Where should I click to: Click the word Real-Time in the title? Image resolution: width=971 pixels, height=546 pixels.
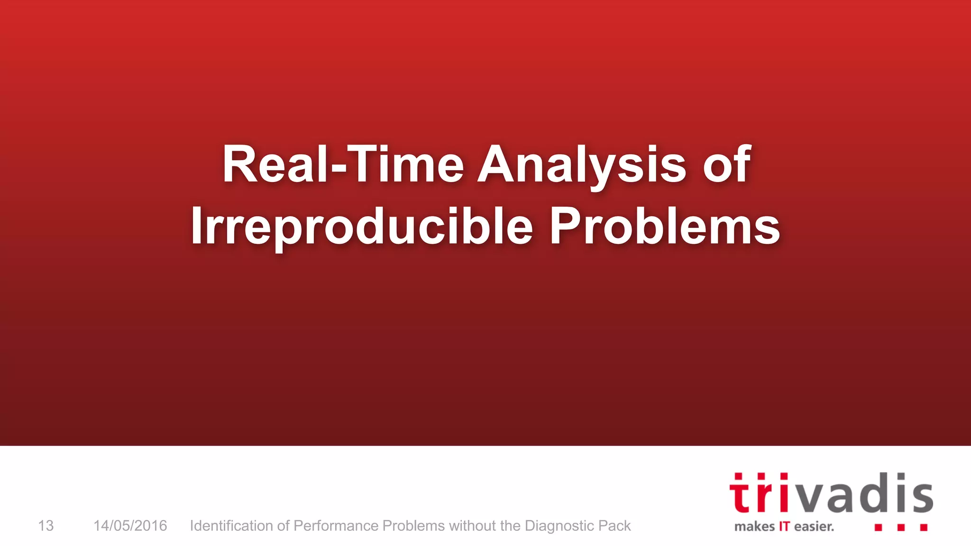pyautogui.click(x=343, y=164)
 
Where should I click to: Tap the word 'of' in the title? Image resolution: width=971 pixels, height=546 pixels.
pyautogui.click(x=727, y=164)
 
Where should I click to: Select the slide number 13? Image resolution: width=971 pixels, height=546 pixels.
pyautogui.click(x=46, y=526)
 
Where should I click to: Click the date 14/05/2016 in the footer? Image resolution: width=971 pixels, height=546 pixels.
pyautogui.click(x=130, y=526)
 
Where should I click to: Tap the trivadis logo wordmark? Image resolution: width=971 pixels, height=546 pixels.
pyautogui.click(x=831, y=494)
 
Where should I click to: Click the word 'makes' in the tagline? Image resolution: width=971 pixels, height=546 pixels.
pyautogui.click(x=754, y=527)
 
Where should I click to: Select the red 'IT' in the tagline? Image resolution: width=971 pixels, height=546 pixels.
pyautogui.click(x=784, y=527)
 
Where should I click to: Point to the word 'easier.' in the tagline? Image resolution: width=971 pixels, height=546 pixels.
pyautogui.click(x=814, y=527)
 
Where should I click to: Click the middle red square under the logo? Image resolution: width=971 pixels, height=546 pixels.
pyautogui.click(x=901, y=527)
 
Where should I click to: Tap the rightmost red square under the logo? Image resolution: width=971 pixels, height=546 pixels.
pyautogui.click(x=924, y=527)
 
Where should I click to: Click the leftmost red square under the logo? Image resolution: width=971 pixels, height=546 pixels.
pyautogui.click(x=878, y=527)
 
